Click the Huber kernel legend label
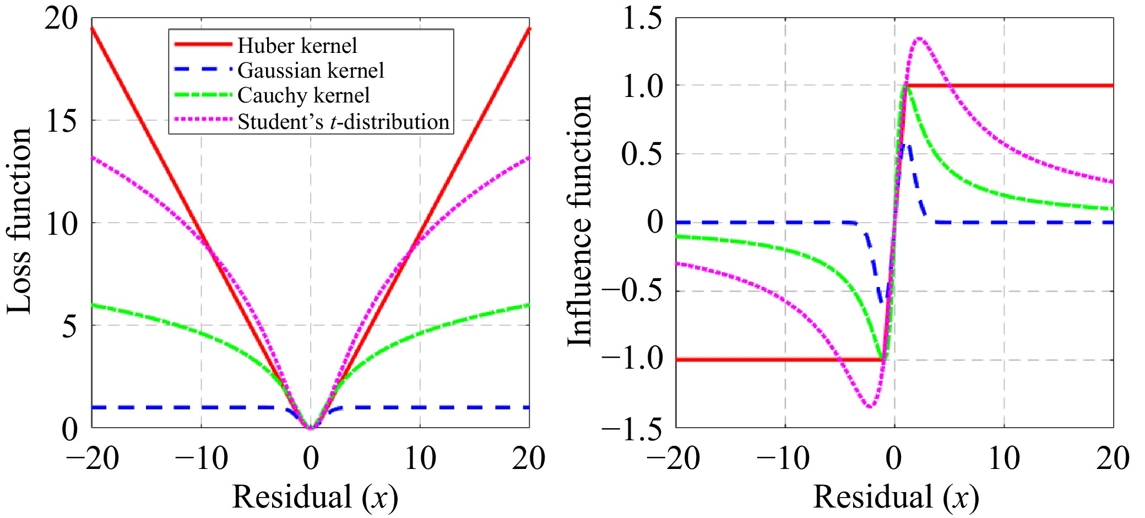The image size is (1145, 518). tap(297, 46)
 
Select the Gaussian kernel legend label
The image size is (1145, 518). tap(311, 71)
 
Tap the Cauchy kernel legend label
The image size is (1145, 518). tap(303, 95)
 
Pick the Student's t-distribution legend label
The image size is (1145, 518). tap(343, 122)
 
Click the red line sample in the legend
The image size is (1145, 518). tap(203, 44)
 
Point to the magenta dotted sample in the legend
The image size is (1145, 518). tap(203, 119)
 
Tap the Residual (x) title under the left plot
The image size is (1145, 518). tap(314, 497)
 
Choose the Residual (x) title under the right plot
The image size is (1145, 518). tap(896, 497)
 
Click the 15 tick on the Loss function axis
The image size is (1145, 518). tap(61, 121)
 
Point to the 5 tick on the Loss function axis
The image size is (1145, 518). tap(69, 326)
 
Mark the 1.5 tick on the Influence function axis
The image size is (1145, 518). tap(642, 19)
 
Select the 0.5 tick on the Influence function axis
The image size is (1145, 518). tap(642, 154)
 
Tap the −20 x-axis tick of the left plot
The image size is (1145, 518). tap(92, 458)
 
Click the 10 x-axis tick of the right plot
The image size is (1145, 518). tap(1003, 458)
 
